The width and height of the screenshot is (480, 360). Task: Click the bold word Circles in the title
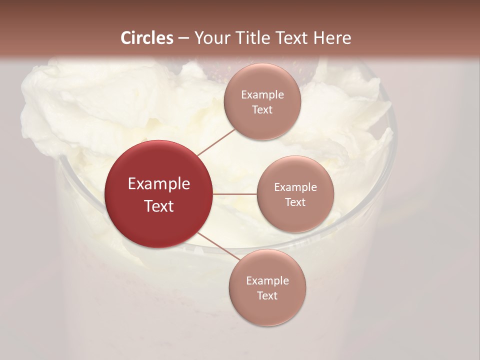click(147, 38)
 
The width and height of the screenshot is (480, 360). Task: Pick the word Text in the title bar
click(292, 38)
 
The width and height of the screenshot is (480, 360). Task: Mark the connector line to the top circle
click(216, 142)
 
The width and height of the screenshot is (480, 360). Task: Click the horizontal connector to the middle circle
click(234, 194)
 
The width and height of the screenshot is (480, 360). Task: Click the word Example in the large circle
click(159, 184)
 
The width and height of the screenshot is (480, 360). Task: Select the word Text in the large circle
click(159, 206)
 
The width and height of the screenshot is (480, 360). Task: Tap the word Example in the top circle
click(262, 95)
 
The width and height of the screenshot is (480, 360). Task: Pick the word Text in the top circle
click(262, 110)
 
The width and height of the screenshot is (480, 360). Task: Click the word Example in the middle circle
click(295, 187)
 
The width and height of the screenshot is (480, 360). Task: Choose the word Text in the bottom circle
click(267, 296)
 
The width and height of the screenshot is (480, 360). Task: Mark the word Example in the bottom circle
click(267, 281)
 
